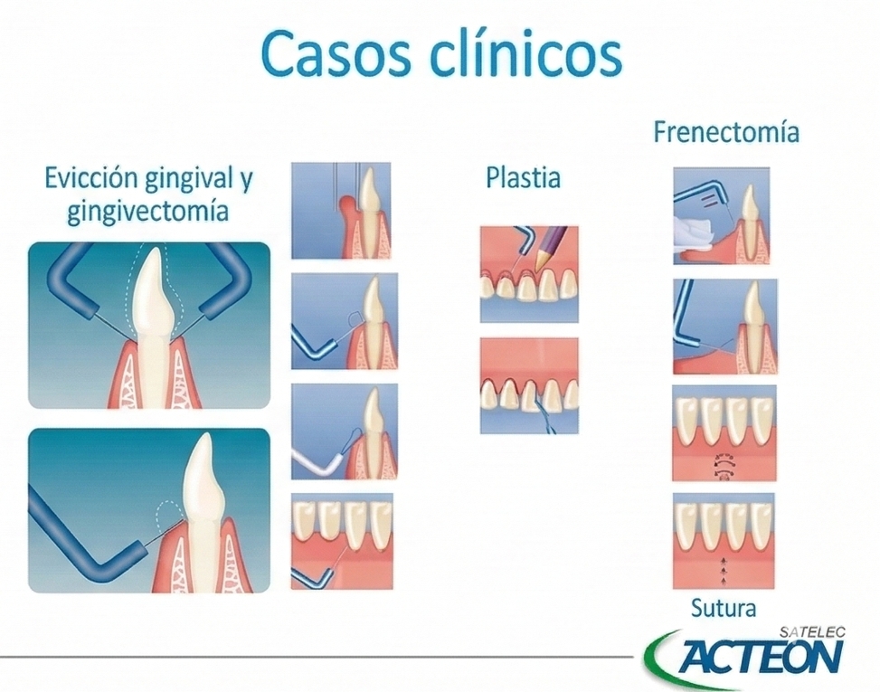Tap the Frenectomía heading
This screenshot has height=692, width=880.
click(x=726, y=132)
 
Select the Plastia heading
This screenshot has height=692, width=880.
click(x=523, y=177)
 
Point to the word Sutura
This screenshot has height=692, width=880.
click(x=723, y=608)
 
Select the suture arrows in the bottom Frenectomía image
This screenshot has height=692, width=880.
click(x=724, y=568)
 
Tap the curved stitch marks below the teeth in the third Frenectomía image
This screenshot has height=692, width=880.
click(x=724, y=462)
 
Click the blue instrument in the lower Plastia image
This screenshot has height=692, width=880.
click(x=546, y=415)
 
